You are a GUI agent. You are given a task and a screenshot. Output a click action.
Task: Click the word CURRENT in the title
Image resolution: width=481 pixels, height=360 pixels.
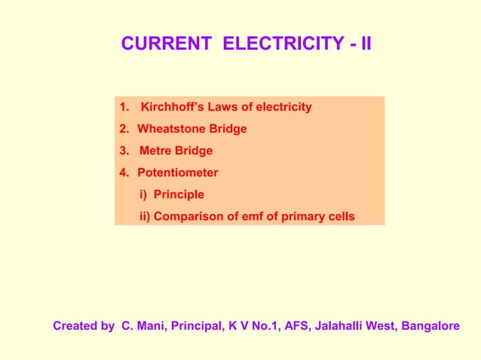coord(168,44)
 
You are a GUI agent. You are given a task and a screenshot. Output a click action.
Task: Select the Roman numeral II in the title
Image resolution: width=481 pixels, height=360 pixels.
coord(365,44)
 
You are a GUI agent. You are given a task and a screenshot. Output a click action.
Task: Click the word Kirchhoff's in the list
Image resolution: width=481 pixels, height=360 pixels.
coord(171,107)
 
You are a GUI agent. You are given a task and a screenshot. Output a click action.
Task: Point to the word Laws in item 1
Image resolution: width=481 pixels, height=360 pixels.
coord(219,107)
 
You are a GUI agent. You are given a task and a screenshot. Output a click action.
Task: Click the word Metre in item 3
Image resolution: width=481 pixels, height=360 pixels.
coord(155,151)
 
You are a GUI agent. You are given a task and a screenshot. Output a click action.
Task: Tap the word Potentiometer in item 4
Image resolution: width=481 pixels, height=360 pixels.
coord(178,172)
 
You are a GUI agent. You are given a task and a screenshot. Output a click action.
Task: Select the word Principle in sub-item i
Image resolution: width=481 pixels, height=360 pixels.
coord(179,194)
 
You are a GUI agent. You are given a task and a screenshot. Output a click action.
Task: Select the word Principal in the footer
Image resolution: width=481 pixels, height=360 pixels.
coord(198,327)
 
